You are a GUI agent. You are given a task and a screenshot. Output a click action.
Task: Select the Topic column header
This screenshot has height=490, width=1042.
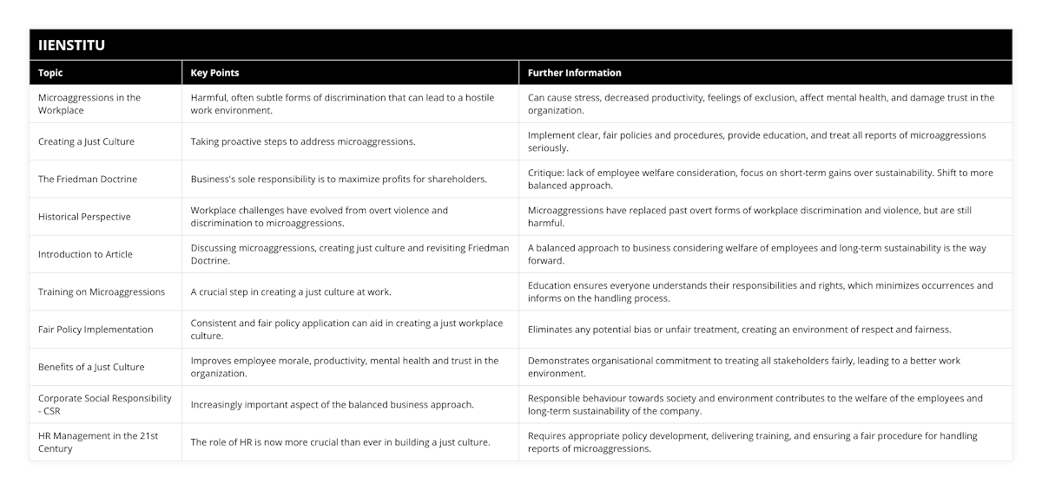pos(50,73)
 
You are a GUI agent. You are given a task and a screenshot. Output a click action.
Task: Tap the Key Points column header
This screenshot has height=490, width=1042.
pos(214,73)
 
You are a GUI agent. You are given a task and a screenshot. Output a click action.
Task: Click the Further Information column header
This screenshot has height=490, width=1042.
pos(574,73)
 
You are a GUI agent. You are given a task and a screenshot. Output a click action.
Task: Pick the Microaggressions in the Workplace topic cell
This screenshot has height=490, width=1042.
pos(89,104)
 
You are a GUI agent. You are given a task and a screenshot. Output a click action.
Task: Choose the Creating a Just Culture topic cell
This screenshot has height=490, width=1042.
pos(86,141)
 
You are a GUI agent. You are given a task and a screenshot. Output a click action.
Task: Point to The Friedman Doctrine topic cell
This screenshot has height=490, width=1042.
pos(88,180)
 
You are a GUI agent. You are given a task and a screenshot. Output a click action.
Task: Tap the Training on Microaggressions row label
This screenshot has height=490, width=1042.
pos(102,292)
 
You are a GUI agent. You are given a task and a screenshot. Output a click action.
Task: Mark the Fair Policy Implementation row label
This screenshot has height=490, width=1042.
pos(96,330)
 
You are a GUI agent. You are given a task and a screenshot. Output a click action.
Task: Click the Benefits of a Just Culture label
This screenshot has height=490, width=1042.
pos(91,367)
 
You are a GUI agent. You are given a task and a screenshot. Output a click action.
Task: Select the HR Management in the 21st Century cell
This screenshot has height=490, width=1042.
pos(98,442)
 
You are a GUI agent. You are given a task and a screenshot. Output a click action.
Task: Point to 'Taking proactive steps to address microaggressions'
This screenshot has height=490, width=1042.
pos(303,141)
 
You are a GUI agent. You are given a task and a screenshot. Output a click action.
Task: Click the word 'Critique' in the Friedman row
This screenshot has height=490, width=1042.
pos(547,173)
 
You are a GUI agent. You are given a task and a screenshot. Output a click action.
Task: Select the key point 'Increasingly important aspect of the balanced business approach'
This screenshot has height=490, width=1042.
pos(333,405)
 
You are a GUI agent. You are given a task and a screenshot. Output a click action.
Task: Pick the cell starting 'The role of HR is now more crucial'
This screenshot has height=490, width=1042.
pos(340,442)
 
